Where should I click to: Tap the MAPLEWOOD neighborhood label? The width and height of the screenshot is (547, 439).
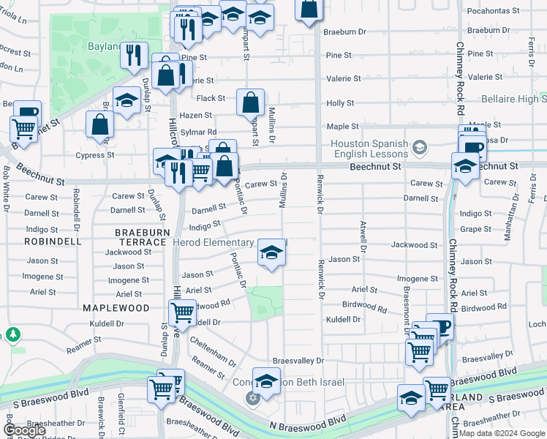(110, 309)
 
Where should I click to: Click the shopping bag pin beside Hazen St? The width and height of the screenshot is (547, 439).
(250, 102)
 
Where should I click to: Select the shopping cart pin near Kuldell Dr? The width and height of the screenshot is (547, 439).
(181, 313)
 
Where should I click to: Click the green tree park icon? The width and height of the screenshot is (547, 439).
(12, 334)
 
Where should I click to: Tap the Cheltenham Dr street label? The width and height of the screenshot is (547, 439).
(213, 351)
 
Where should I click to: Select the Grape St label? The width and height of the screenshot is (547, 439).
(476, 229)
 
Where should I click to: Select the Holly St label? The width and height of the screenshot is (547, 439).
(340, 104)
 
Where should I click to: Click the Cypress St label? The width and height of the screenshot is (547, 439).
(100, 155)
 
